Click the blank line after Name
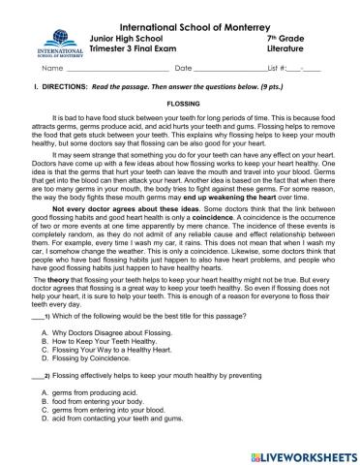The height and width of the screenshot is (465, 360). click(x=110, y=70)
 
